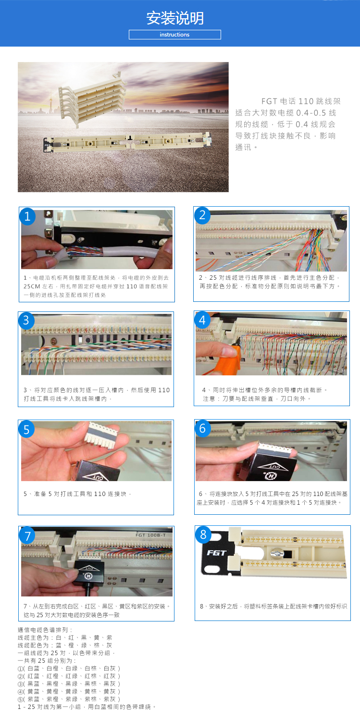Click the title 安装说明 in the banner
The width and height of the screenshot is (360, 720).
coord(175,18)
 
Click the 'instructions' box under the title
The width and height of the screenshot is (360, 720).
coord(175,35)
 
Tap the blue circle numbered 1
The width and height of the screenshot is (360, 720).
coord(28,216)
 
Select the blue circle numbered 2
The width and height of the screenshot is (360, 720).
coord(202,215)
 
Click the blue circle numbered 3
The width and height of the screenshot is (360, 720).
coord(26,321)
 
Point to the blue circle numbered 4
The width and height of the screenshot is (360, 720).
coord(202,320)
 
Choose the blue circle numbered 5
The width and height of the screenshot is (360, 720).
coord(26,429)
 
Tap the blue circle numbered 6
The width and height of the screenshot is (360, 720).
coord(202,428)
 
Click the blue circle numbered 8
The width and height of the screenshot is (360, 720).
coord(203,534)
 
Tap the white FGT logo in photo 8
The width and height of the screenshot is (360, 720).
coord(217,553)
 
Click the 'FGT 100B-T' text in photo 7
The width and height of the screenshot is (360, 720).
coord(150,535)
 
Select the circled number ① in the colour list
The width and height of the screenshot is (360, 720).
coord(20,669)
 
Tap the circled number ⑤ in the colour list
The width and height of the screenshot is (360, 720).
coord(20,699)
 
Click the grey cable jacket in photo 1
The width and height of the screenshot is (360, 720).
coord(129,251)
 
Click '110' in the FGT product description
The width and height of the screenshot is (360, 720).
coord(306,101)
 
